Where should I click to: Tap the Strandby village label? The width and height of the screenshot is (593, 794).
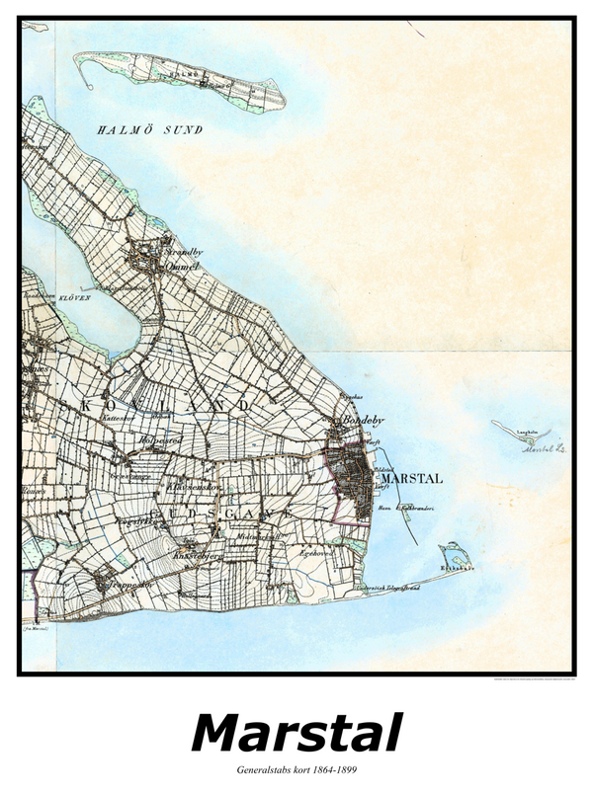click(183, 253)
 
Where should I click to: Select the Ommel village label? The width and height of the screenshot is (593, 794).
click(183, 266)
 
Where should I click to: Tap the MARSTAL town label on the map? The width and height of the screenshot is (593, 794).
click(411, 479)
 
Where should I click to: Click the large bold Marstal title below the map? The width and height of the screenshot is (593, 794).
click(296, 734)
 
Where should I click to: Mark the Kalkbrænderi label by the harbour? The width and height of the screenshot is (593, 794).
click(415, 509)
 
